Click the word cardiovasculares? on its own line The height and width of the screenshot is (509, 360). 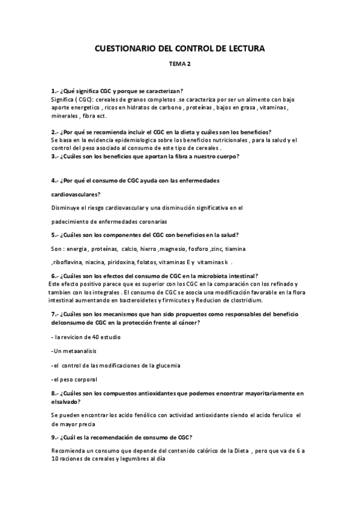tap(74, 194)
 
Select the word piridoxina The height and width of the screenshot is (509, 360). tap(124, 262)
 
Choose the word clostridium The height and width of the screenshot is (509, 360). tap(262, 300)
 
